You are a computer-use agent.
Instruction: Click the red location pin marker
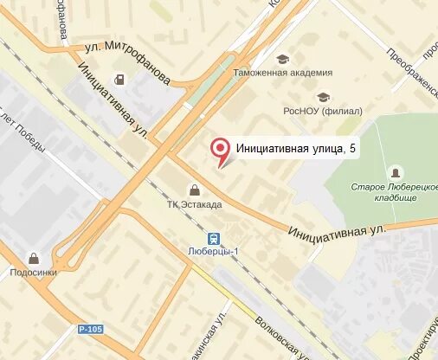222,151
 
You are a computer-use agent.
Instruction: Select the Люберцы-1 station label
212,251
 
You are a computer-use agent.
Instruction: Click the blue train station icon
211,236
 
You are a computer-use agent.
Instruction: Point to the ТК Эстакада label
195,204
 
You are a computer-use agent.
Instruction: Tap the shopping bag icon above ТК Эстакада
194,190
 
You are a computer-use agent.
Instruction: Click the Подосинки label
33,272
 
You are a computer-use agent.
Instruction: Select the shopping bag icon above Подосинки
33,257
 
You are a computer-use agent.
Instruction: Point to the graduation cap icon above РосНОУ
323,96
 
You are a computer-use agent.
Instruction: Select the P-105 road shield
89,330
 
